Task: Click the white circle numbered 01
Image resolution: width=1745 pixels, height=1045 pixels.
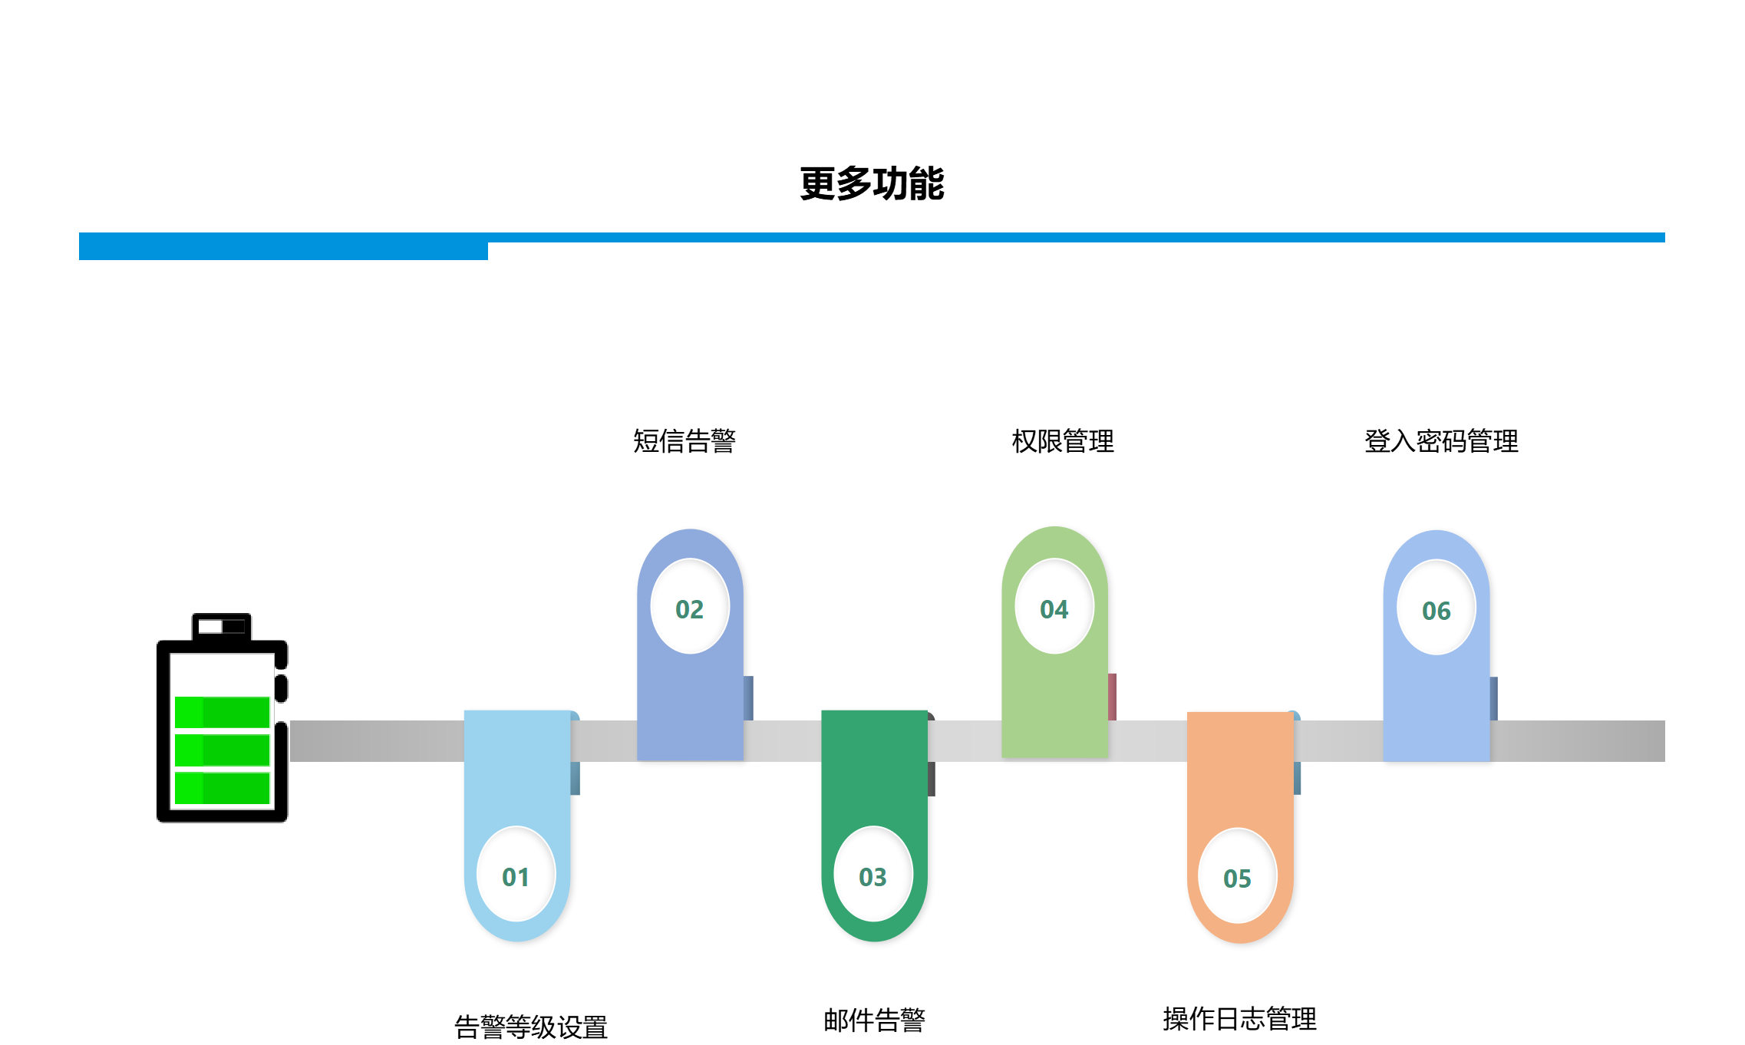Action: tap(516, 874)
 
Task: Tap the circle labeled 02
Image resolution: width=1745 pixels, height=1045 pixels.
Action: tap(690, 606)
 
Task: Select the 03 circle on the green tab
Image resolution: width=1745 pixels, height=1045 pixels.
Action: tap(873, 874)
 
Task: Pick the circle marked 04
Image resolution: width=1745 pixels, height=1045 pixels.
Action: tap(1054, 606)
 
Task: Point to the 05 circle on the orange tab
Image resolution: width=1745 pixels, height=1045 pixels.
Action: tap(1237, 875)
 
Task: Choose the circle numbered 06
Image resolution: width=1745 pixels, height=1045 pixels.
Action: tap(1436, 608)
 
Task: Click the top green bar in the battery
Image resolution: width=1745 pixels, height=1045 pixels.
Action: tap(222, 712)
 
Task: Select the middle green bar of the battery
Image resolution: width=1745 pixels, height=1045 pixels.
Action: tap(222, 750)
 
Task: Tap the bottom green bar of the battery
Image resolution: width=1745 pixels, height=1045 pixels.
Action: tap(222, 788)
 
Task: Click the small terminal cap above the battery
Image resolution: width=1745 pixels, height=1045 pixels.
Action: tap(221, 626)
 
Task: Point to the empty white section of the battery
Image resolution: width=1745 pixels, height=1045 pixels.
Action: tap(222, 674)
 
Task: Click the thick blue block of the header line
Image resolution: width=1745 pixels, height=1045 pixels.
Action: tap(283, 246)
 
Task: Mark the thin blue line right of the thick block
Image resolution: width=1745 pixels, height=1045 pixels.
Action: tap(1074, 237)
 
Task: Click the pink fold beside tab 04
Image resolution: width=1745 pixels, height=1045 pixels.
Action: tap(1112, 696)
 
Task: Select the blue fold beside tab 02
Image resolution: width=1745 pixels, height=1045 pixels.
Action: tap(748, 697)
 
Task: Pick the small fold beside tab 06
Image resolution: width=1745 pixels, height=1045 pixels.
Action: tap(1493, 697)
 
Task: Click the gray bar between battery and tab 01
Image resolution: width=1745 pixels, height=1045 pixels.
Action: tap(376, 740)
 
